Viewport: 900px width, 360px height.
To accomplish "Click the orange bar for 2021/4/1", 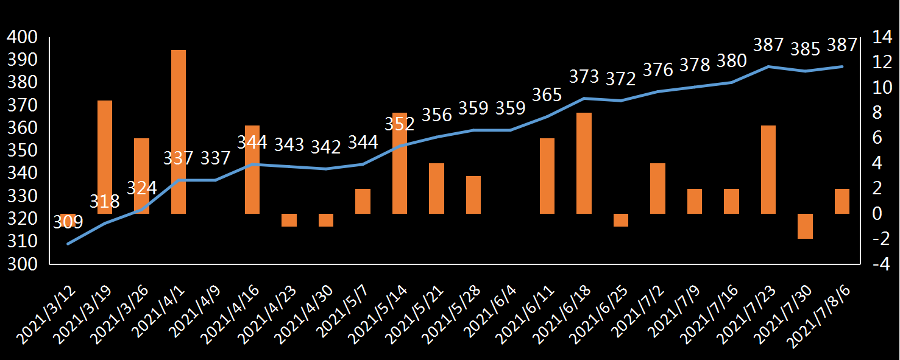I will click(179, 132).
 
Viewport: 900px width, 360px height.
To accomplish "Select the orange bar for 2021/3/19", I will click(105, 157).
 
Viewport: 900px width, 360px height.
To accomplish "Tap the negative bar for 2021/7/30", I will click(806, 226).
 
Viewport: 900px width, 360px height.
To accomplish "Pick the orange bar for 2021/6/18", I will click(584, 163).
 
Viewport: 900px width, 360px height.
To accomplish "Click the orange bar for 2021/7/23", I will click(768, 169).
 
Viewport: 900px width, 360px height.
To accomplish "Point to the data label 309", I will click(68, 222).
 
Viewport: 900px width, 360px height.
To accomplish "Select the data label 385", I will click(805, 48).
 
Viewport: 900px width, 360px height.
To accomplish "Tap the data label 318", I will click(105, 201).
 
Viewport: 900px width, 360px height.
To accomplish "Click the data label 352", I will click(400, 124).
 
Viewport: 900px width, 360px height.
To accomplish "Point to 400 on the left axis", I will click(22, 38).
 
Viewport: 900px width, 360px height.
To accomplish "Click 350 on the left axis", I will click(22, 151).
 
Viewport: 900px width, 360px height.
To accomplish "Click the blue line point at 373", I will click(584, 98).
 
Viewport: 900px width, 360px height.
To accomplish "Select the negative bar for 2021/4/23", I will click(289, 220).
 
